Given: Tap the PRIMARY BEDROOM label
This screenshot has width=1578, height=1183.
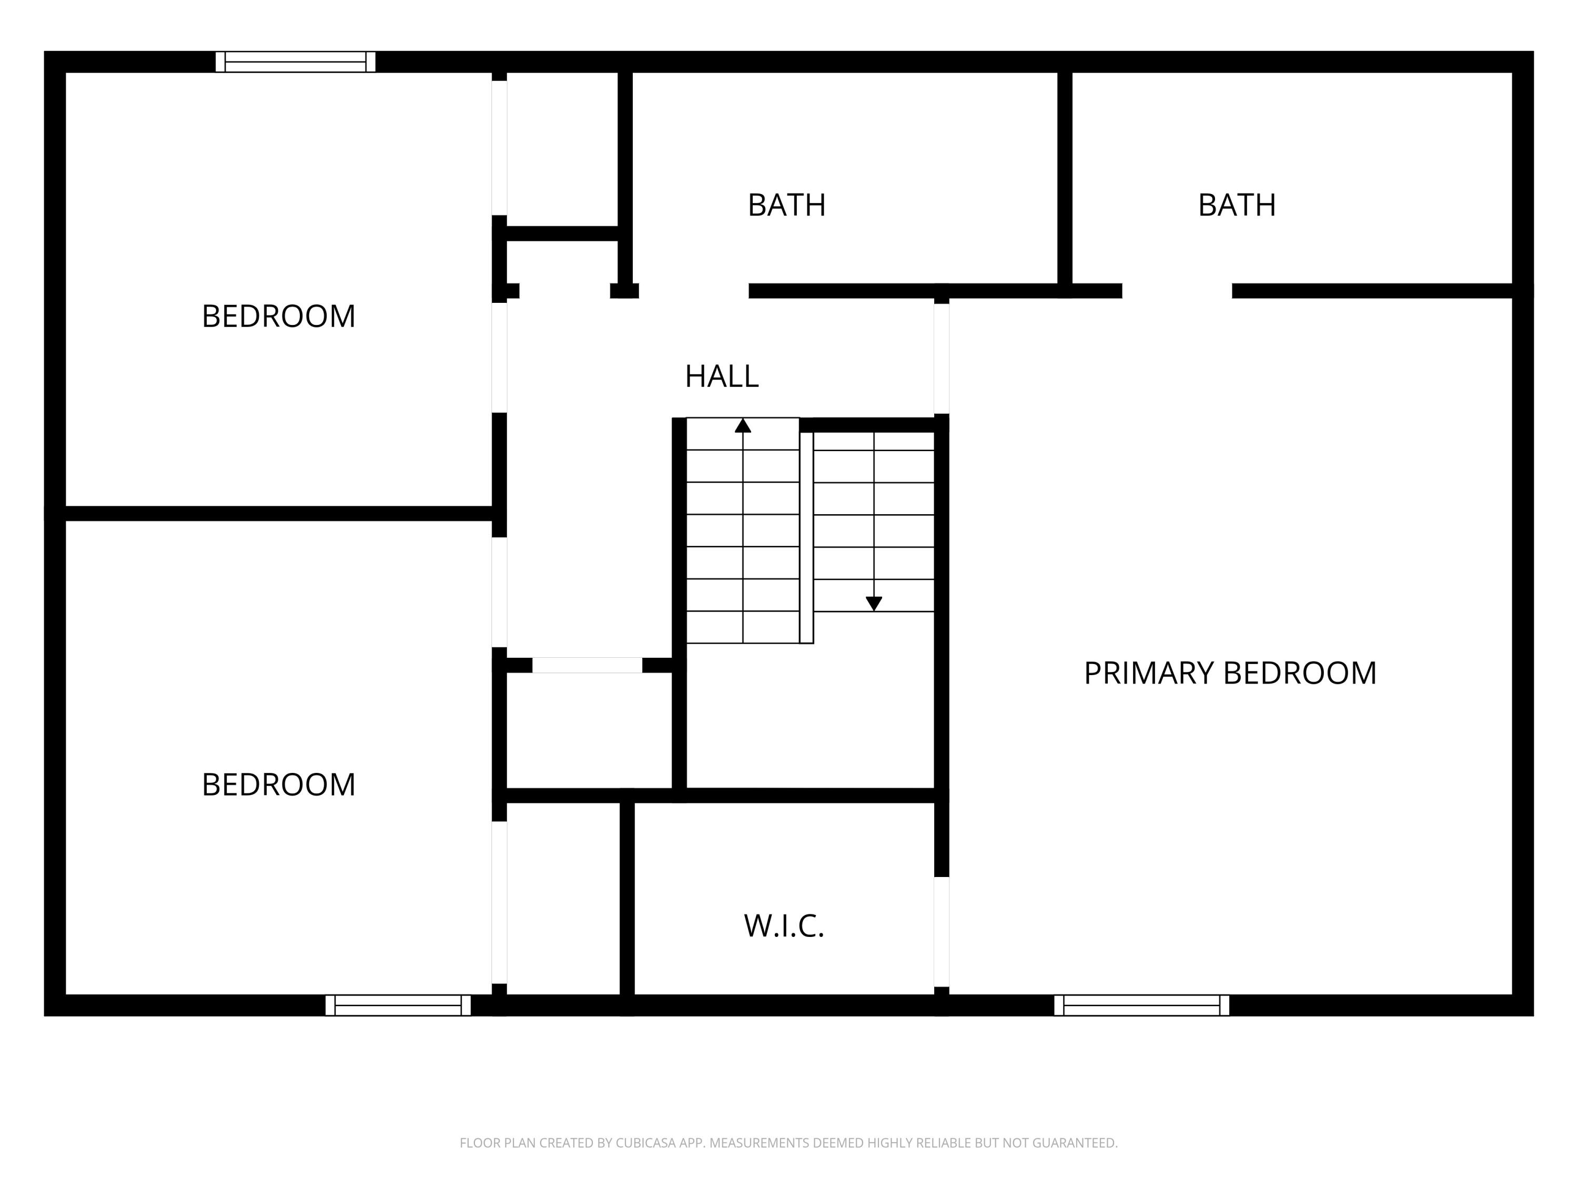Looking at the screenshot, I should point(1230,673).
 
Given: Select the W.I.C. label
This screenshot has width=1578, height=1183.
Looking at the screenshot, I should point(784,925).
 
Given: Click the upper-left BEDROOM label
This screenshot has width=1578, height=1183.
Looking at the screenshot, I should point(278,317).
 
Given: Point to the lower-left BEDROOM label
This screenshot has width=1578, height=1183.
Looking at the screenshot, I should point(278,784).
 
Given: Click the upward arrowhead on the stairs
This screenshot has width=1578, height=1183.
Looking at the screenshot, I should point(743,426).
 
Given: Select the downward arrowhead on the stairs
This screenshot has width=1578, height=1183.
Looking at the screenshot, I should point(874,603).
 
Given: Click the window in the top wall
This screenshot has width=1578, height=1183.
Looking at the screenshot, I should point(295,62).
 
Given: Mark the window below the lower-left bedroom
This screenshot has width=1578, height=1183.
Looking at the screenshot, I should point(398,1005).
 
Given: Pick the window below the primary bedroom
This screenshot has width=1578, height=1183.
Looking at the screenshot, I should point(1141,1005).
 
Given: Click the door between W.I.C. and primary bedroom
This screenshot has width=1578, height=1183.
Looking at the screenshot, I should point(942,931).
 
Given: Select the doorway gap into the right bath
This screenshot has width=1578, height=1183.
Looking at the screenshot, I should point(1177,291).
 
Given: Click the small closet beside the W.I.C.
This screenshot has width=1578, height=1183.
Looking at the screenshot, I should point(563,899).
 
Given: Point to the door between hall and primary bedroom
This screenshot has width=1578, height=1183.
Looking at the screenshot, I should point(942,359).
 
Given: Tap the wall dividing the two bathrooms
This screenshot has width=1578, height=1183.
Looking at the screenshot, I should point(1065,178).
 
